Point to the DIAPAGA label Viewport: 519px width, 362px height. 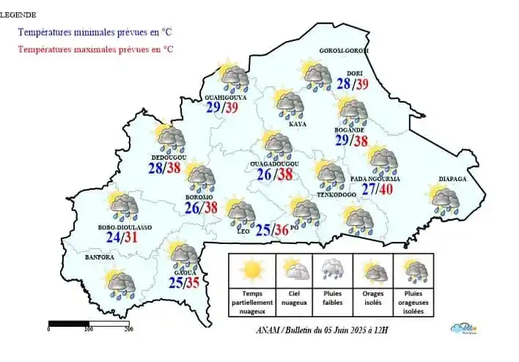click(453, 178)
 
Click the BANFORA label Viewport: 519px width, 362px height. click(100, 257)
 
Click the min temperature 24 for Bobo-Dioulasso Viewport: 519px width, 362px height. click(114, 237)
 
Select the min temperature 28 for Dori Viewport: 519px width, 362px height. click(344, 84)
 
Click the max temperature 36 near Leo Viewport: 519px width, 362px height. click(281, 231)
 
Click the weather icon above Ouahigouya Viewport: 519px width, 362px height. click(234, 77)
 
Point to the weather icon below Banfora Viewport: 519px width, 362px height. click(119, 282)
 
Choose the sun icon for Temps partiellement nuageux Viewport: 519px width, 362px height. click(252, 270)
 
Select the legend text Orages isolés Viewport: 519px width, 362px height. click(373, 297)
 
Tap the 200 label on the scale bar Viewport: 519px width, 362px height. click(128, 330)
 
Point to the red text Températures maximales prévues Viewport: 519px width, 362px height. click(95, 49)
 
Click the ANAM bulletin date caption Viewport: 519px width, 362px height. click(317, 330)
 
